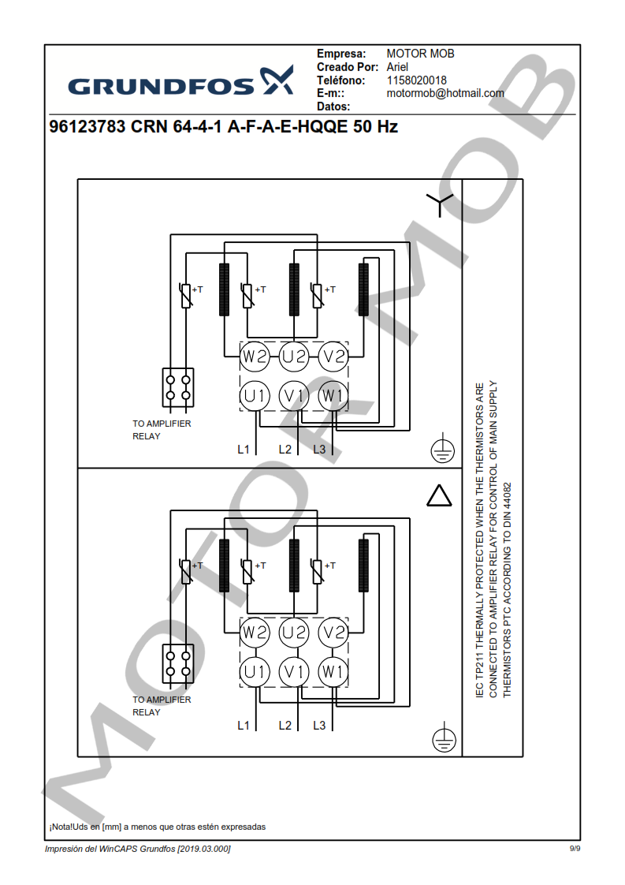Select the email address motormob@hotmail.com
coord(445,93)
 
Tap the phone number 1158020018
coord(416,80)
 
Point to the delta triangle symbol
coord(439,495)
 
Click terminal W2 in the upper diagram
coord(255,357)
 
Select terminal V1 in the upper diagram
coord(294,395)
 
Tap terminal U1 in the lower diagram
coord(255,671)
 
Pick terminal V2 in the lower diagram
coord(333,633)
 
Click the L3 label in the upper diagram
coord(319,450)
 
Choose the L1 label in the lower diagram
coord(244,725)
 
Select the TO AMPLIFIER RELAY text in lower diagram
coord(162,706)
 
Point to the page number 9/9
coord(575,849)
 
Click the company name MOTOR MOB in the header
coord(420,54)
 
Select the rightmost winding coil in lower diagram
coord(363,564)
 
